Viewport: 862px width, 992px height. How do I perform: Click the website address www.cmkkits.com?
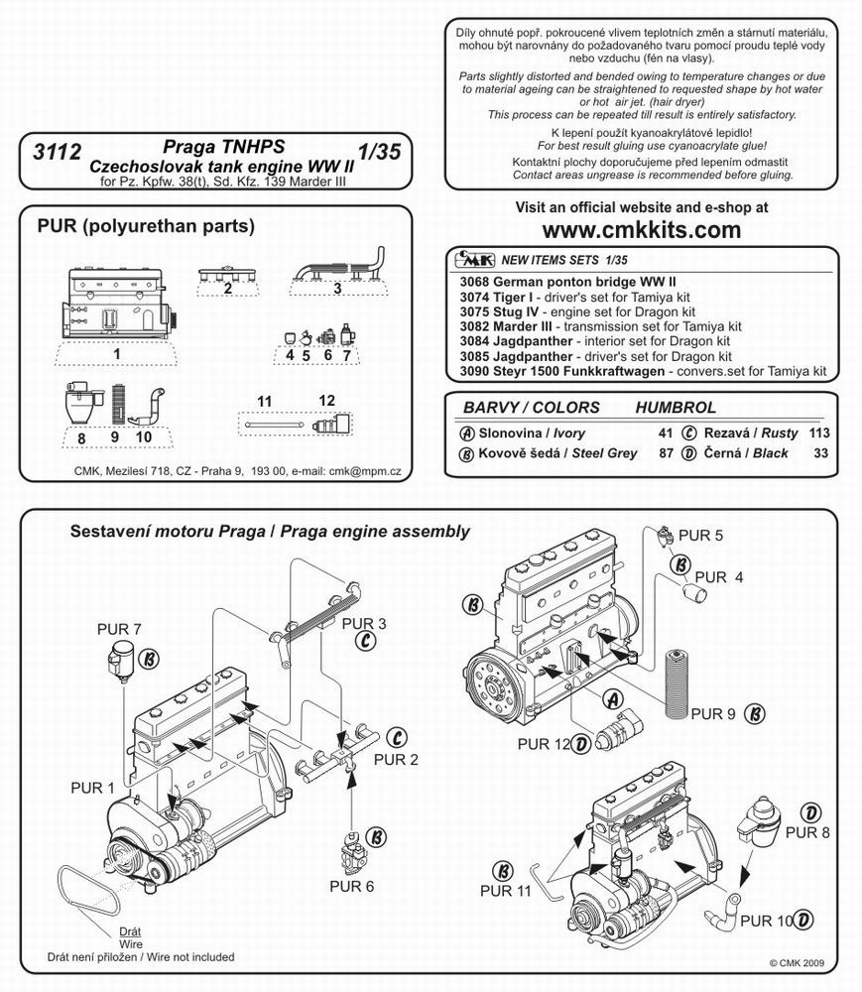point(642,230)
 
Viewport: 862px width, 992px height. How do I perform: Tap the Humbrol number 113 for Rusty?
point(818,434)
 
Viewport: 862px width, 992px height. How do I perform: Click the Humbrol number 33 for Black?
point(821,453)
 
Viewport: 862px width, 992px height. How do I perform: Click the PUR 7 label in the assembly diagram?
point(118,629)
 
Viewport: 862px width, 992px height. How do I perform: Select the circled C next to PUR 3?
point(364,642)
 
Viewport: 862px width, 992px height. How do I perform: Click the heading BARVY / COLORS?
point(532,408)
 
